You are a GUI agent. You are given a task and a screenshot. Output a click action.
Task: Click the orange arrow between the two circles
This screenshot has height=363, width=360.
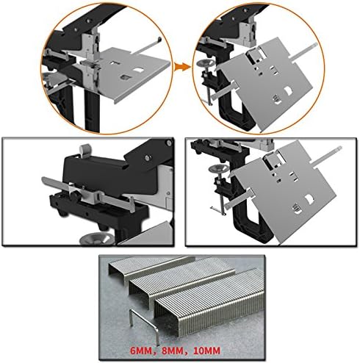point(180,65)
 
